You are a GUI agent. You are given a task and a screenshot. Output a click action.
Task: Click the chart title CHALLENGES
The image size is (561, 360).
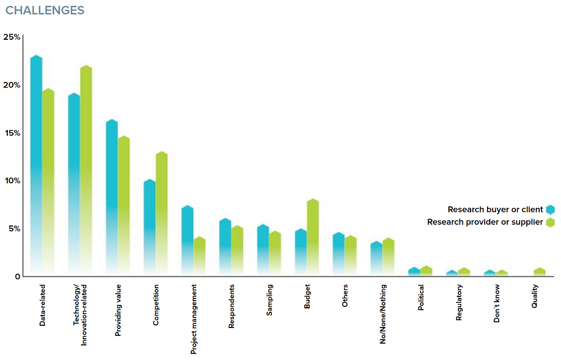pos(45,11)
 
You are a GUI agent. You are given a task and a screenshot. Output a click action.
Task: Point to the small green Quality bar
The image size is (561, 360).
pos(540,271)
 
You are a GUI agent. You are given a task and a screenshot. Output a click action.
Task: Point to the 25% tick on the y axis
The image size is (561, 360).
pos(12,37)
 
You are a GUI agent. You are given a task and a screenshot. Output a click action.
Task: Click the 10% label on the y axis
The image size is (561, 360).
pos(12,181)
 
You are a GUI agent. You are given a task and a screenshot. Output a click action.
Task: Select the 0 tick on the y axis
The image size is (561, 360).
pos(17,276)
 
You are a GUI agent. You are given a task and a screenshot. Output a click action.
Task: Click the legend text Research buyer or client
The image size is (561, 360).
pos(495,210)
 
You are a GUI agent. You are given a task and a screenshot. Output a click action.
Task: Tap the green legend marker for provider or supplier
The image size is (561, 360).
pos(550,222)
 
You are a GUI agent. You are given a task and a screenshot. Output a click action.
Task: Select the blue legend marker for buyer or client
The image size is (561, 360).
pos(550,210)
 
